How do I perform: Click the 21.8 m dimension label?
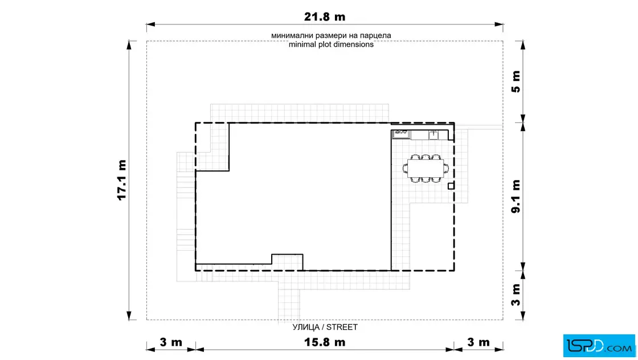(325, 17)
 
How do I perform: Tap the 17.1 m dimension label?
(122, 180)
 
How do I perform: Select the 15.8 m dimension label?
(325, 342)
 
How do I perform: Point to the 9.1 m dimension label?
(516, 196)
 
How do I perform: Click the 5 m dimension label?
(516, 81)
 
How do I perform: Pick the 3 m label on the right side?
(516, 295)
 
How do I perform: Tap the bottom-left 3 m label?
(171, 342)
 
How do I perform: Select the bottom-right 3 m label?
(478, 342)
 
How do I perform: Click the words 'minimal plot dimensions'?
(331, 44)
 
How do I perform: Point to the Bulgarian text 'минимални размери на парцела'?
(331, 35)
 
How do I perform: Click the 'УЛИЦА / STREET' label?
(325, 327)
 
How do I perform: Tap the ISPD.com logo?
(599, 346)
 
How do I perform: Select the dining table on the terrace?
(426, 169)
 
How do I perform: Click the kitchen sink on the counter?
(401, 134)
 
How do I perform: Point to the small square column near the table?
(451, 186)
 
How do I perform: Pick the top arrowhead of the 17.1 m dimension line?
(129, 45)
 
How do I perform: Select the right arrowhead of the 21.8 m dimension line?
(499, 24)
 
